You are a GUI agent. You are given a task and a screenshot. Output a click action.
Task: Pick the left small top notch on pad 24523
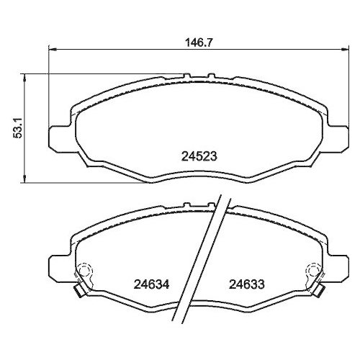point(185,75)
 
